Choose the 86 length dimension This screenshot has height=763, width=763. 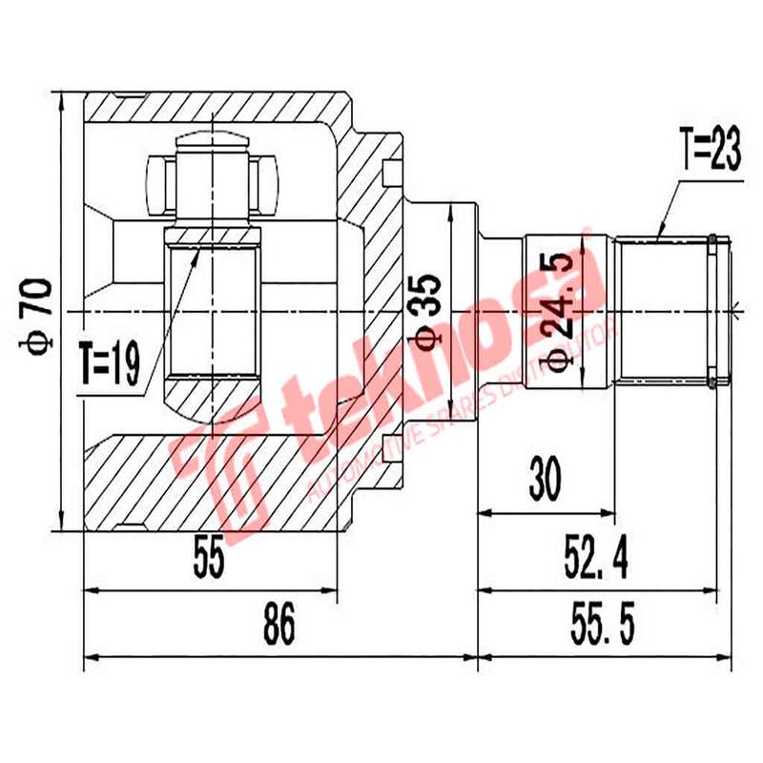(278, 627)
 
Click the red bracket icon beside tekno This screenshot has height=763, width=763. (215, 467)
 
